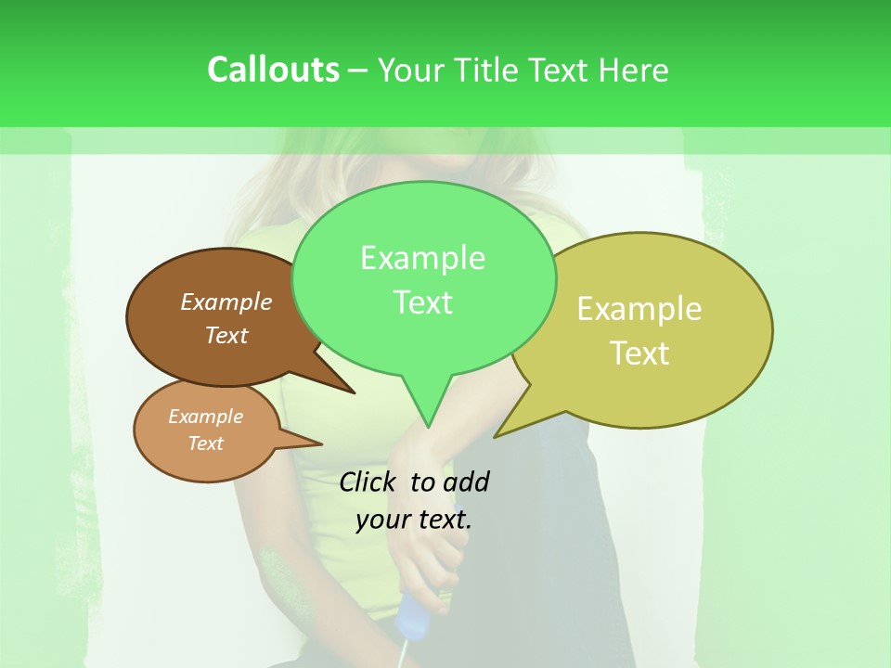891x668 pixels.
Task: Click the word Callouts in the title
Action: (273, 70)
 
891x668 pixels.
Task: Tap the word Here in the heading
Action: (634, 71)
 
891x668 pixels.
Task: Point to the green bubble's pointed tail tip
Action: (428, 427)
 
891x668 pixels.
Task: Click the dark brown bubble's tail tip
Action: (355, 392)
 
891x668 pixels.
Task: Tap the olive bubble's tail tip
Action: (495, 437)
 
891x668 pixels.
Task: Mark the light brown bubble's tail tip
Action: (321, 444)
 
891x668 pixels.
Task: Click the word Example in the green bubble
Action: (422, 258)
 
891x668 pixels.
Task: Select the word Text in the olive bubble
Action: (639, 353)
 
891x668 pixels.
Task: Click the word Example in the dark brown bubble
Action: (226, 302)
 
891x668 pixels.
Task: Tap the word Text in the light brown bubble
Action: (206, 443)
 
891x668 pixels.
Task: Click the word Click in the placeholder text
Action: (368, 482)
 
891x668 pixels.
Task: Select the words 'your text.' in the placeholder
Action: (414, 520)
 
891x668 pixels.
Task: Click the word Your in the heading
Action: (411, 71)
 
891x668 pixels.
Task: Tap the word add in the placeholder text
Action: (466, 482)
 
